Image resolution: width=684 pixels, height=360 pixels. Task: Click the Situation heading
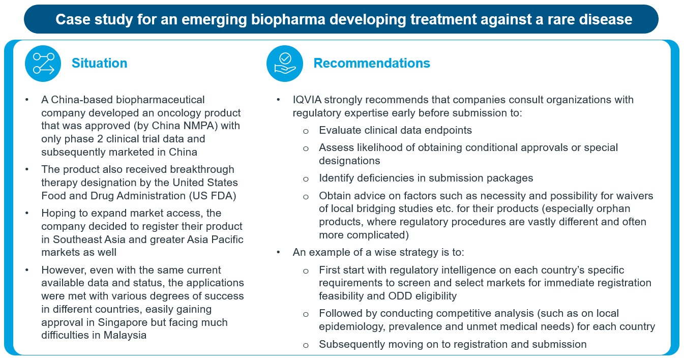coord(99,63)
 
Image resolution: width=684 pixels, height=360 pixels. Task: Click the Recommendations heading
coord(372,63)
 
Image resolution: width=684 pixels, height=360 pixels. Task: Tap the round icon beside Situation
coord(43,64)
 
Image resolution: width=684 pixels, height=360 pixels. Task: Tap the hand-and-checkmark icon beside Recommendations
coord(285,64)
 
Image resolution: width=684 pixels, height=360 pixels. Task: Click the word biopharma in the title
coord(288,19)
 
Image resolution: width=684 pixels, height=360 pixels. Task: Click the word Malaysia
coord(125,335)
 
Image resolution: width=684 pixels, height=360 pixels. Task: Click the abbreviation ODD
coord(399,296)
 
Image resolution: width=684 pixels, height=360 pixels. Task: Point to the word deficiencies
coord(385,178)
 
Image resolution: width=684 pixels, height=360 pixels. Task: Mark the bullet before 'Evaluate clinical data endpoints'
coord(306,132)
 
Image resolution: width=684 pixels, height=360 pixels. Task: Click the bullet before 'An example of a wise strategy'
coord(278,252)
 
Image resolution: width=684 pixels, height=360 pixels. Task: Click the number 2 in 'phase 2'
coord(100,139)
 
